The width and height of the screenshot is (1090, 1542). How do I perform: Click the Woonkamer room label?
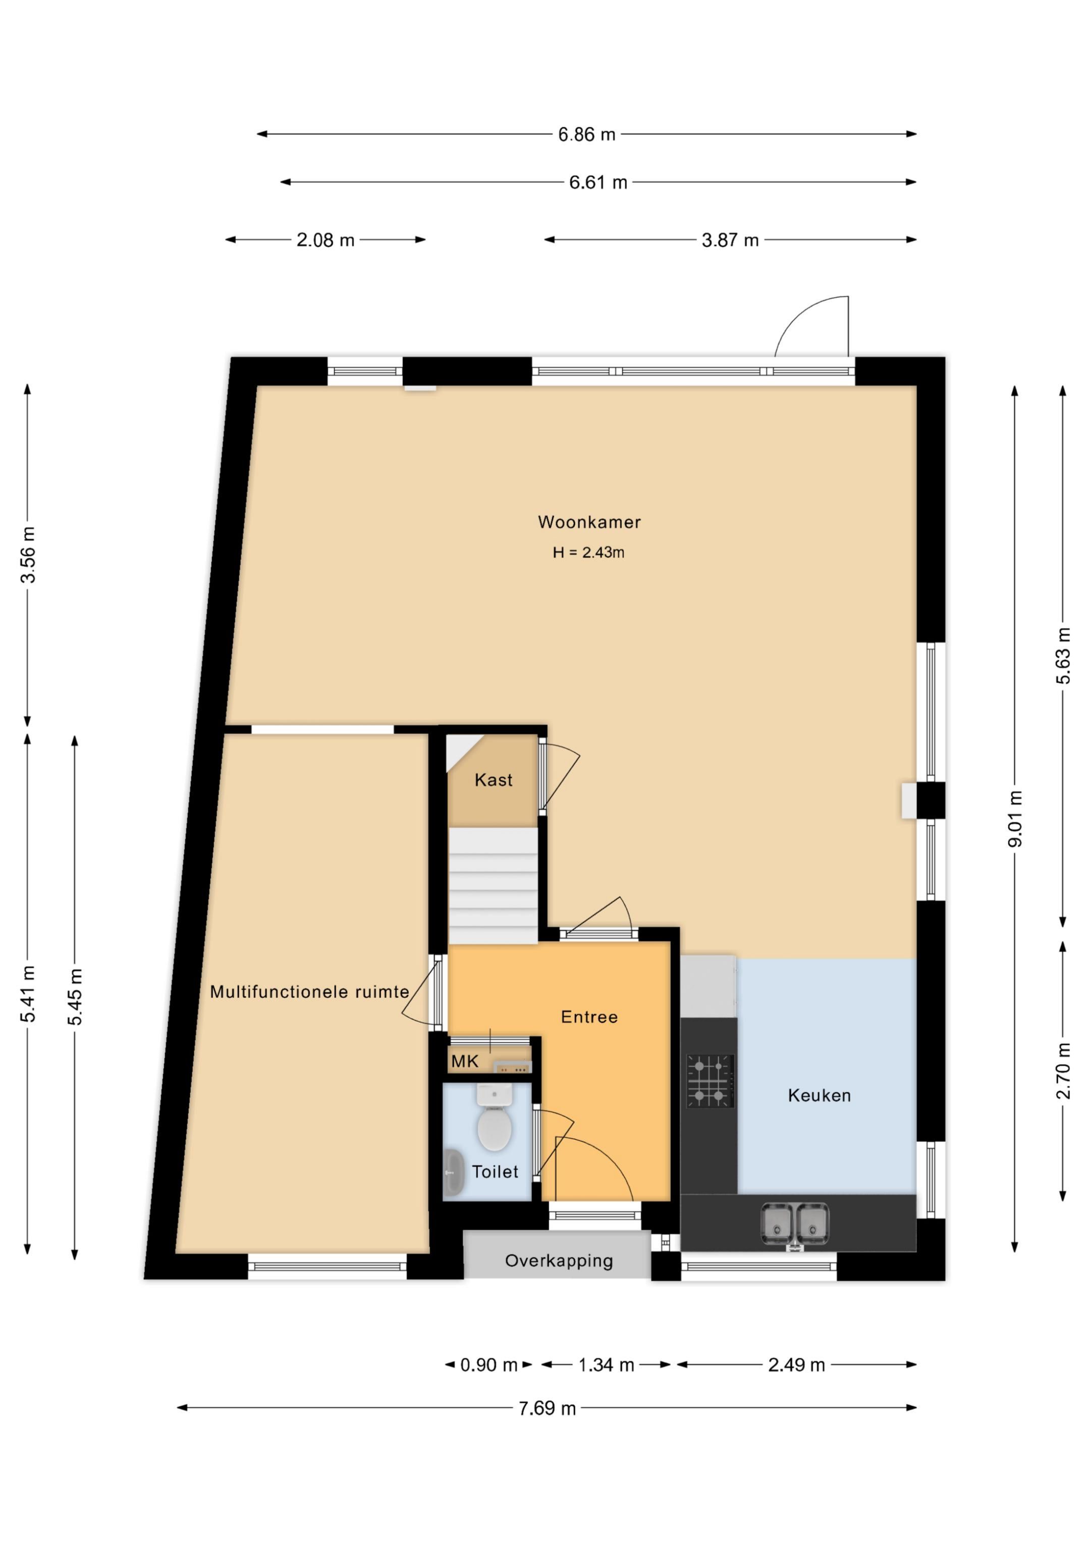(589, 522)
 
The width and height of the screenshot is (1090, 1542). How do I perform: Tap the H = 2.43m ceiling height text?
(588, 552)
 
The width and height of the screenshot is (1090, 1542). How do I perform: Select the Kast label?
(494, 780)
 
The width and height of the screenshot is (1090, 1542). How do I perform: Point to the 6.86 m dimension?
(587, 134)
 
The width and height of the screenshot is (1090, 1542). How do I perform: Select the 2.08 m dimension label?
(325, 240)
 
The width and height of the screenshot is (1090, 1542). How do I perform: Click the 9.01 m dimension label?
(1015, 819)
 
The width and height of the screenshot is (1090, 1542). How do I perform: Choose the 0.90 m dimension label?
(489, 1365)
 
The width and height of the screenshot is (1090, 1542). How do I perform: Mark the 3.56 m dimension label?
(28, 555)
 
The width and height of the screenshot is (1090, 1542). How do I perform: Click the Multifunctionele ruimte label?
(310, 991)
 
